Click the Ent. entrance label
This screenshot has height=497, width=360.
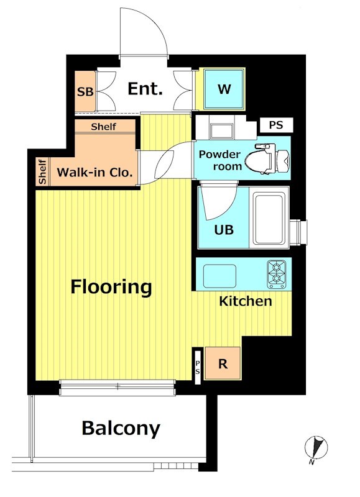tap(145, 89)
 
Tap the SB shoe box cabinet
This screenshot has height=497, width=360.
tap(85, 91)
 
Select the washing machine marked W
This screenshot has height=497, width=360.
tap(224, 89)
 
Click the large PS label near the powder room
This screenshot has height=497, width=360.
tap(276, 125)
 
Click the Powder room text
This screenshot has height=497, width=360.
tap(220, 160)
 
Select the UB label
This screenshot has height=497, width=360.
tap(224, 230)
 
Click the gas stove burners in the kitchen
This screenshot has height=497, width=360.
tap(276, 274)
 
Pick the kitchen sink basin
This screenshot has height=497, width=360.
tap(219, 276)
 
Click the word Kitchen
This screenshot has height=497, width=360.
tap(246, 301)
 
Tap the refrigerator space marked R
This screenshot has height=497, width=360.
tap(223, 363)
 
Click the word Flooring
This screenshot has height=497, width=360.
tap(111, 287)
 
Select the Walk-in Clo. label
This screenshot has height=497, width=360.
tap(95, 173)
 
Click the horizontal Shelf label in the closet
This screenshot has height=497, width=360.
tap(103, 127)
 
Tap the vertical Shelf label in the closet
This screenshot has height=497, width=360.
tap(42, 172)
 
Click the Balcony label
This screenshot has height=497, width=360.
tap(121, 429)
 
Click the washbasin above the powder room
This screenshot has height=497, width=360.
tap(222, 130)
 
